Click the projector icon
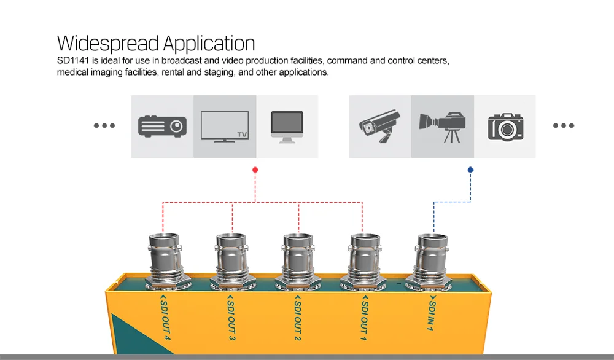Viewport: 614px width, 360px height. pos(162,126)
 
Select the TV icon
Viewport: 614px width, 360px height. pos(225,127)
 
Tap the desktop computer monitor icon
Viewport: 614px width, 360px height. pos(287,127)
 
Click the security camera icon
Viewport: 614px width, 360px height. pos(379,127)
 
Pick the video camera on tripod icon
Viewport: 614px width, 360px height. pos(442,127)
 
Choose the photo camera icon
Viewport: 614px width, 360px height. pos(505,127)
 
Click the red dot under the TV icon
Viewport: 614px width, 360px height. pos(255,170)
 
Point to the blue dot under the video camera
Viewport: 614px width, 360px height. pos(470,170)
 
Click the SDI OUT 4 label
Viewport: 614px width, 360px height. pos(165,320)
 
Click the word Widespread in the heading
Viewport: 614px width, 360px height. pos(108,44)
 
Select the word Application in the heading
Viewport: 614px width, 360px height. pos(208,44)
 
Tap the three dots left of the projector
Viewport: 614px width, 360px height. pos(104,126)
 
